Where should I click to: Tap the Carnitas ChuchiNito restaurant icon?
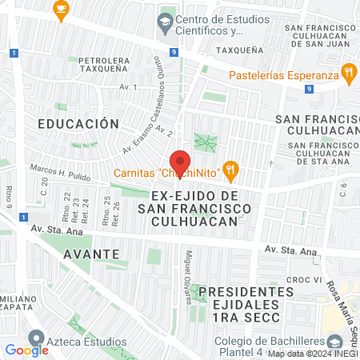(x=230, y=169)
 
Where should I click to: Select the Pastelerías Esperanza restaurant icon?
(x=349, y=75)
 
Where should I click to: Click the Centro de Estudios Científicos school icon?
(x=165, y=22)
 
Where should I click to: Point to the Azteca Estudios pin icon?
(x=34, y=339)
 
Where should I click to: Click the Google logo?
(x=26, y=350)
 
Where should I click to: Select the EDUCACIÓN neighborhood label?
(x=78, y=124)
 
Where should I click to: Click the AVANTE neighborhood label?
(x=94, y=254)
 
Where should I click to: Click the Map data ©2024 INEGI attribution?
(x=313, y=354)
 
